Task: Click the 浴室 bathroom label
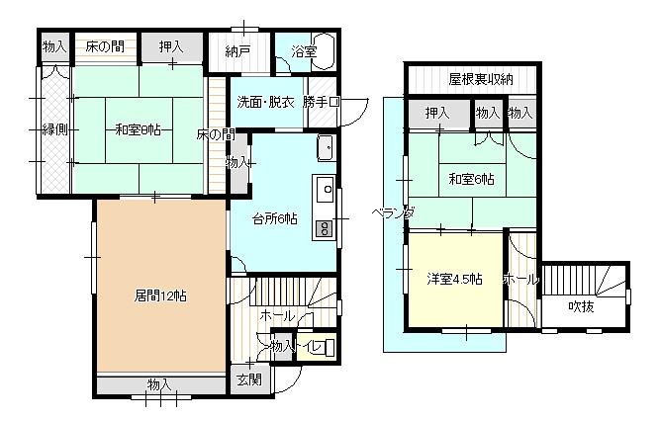(x=304, y=51)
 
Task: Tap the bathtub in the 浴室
(x=324, y=51)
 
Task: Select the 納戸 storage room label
(x=238, y=51)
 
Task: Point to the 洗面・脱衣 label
(x=265, y=102)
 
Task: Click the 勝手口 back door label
(x=322, y=102)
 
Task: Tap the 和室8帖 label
(x=139, y=130)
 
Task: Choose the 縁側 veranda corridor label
(x=54, y=130)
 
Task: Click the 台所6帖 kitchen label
(x=274, y=218)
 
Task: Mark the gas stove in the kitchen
(x=325, y=229)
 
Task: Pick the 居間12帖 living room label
(x=160, y=296)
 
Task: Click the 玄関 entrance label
(x=249, y=379)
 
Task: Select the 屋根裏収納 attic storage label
(x=481, y=79)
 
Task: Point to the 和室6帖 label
(x=471, y=179)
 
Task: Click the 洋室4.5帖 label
(x=454, y=280)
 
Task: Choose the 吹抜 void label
(x=581, y=306)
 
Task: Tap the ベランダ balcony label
(x=393, y=212)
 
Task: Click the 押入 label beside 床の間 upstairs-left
(x=171, y=46)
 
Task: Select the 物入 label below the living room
(x=160, y=384)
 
